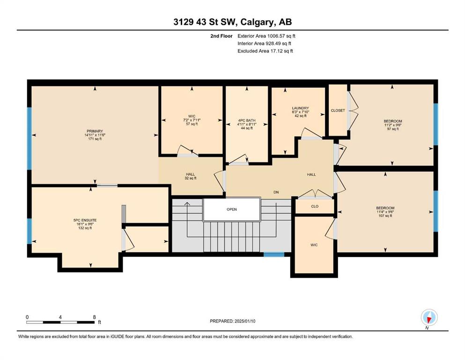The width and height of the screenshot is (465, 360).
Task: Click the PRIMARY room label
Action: [x=95, y=131]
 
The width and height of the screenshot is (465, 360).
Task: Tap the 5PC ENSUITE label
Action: [x=85, y=220]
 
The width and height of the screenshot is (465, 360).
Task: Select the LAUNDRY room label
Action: [x=301, y=108]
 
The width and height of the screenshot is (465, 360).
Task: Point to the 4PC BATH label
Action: [x=247, y=120]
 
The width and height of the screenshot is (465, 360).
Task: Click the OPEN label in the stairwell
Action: [x=232, y=209]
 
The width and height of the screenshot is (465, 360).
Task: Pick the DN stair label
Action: [x=276, y=192]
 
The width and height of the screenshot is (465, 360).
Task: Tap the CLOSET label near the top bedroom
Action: [x=338, y=111]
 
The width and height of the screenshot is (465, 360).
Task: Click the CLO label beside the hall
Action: [x=315, y=206]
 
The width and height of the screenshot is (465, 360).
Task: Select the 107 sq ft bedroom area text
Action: [x=385, y=216]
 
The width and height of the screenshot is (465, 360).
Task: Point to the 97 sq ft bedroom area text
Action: [x=392, y=129]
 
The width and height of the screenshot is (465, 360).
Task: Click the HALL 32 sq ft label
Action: [x=191, y=176]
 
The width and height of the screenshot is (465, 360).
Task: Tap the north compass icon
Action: [x=429, y=318]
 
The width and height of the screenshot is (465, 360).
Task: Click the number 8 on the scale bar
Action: [x=94, y=317]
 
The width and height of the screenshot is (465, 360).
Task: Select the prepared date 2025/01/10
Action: [x=244, y=321]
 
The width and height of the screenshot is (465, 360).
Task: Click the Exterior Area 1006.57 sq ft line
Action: [x=266, y=36]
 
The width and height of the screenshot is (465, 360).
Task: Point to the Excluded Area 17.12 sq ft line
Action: [x=265, y=51]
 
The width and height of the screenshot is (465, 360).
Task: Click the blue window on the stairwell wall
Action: [x=274, y=255]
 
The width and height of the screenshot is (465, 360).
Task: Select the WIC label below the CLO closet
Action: [x=314, y=245]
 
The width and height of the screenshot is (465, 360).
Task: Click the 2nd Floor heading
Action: [x=221, y=36]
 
